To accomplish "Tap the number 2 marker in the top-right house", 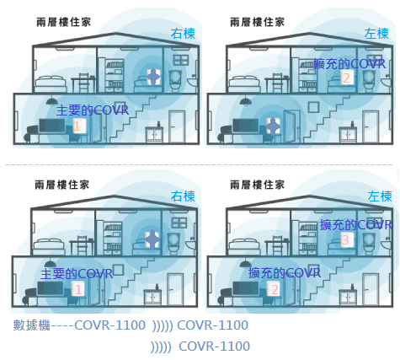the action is tap(346, 78).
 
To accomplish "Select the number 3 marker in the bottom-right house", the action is tap(345, 240).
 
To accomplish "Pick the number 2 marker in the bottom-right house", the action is tap(275, 289).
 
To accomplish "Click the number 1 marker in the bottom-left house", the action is tap(78, 289).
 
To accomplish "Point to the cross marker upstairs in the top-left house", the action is tap(153, 77).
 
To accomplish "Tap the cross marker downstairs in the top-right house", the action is tap(273, 126).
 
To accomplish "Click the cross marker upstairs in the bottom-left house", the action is tap(152, 239).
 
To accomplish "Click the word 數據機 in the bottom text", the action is tap(32, 325).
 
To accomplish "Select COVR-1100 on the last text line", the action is tap(214, 347).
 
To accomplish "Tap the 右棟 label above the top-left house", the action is tap(183, 34).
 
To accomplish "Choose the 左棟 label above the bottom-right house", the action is tap(380, 196).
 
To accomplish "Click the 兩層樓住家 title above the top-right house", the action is tap(258, 22).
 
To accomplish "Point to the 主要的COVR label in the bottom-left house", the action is tap(77, 274).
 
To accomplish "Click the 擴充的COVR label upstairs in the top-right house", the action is tap(349, 64).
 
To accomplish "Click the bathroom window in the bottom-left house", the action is tap(179, 223).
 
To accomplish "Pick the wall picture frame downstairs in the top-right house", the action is tap(313, 107).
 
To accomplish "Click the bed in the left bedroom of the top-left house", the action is tap(51, 83).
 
